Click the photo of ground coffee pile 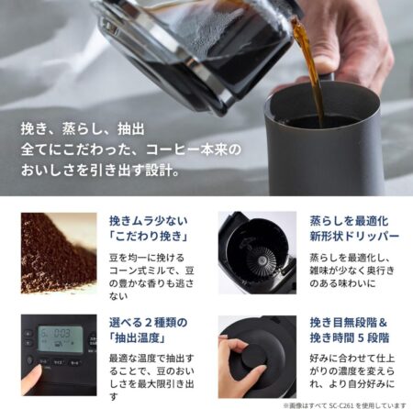(x=59, y=253)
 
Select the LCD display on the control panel (x=61, y=337)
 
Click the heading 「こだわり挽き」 (x=149, y=237)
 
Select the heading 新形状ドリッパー (x=354, y=237)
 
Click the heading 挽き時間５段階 (x=350, y=338)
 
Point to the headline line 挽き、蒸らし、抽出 (x=83, y=129)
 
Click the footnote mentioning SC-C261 (x=345, y=405)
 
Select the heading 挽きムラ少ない (x=149, y=221)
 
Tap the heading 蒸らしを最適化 (x=349, y=221)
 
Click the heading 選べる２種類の (x=148, y=323)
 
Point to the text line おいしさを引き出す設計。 (x=100, y=170)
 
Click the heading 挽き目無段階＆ (x=349, y=323)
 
